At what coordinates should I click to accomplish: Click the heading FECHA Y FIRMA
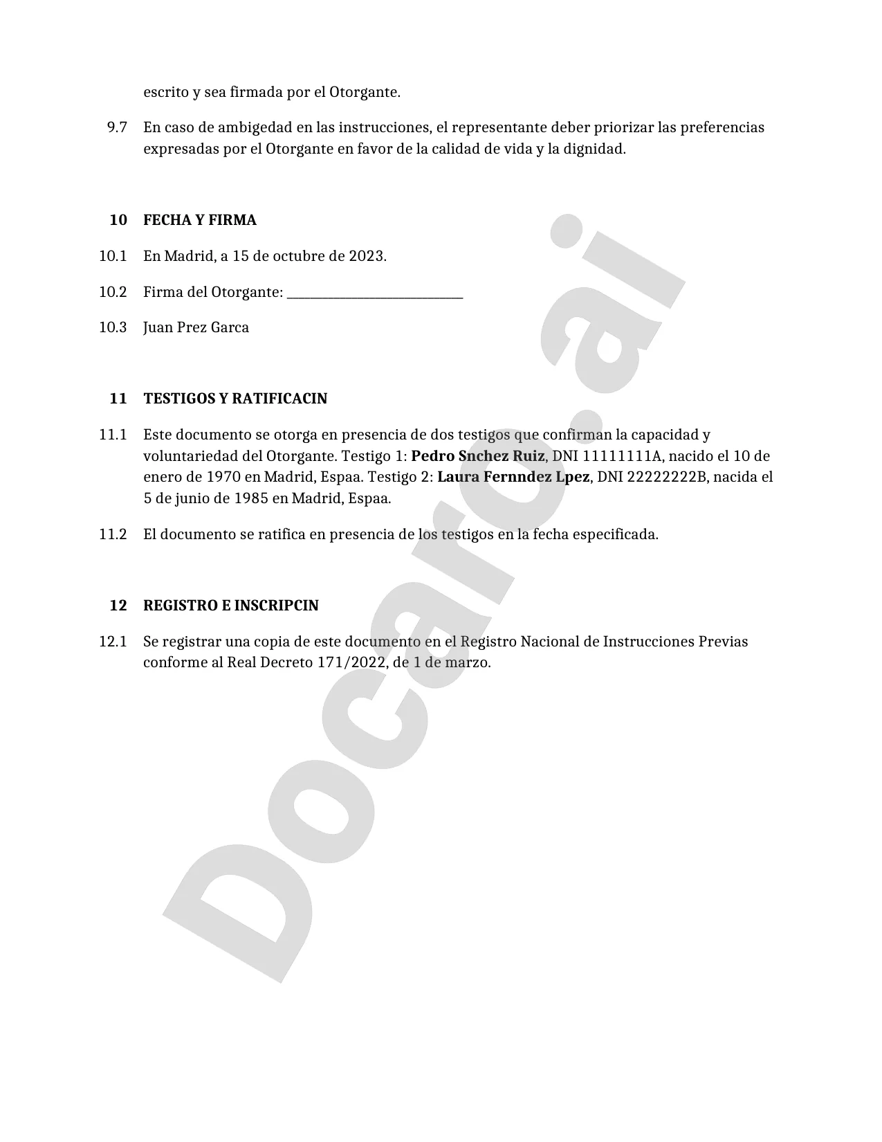click(x=199, y=220)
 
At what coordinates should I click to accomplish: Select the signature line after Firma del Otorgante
click(x=374, y=293)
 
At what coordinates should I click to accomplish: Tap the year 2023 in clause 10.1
click(x=366, y=256)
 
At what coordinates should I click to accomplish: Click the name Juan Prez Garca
click(x=196, y=327)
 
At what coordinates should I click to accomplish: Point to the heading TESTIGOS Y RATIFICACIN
click(x=235, y=399)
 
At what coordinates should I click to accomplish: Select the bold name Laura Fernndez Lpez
click(x=513, y=477)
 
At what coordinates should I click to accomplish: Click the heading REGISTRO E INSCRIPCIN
click(x=230, y=606)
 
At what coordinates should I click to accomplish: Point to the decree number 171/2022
click(x=350, y=662)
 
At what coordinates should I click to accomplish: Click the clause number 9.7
click(x=117, y=127)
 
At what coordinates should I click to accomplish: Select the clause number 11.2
click(x=113, y=534)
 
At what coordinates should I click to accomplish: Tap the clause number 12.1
click(x=113, y=642)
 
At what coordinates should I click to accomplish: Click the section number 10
click(x=118, y=220)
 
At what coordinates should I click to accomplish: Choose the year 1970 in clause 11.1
click(x=223, y=477)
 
